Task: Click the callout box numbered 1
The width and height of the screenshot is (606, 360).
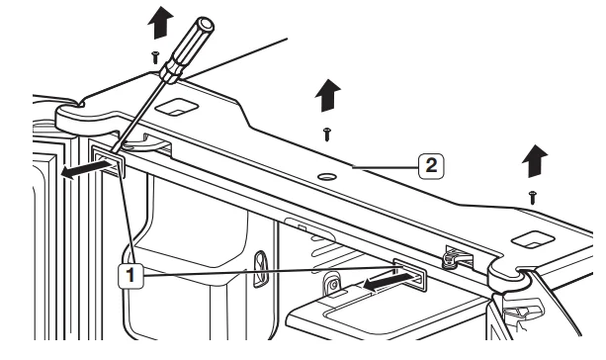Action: point(130,276)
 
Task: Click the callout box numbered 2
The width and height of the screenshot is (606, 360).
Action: point(431,166)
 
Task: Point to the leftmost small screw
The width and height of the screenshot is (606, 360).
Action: point(155,57)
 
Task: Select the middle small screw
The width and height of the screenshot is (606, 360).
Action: point(327,135)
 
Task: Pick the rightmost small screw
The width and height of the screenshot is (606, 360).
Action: point(533,197)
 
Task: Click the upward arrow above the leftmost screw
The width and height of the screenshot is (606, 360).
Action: point(160,23)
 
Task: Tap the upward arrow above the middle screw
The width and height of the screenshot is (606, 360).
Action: point(328,96)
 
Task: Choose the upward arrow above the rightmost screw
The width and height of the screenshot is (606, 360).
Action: point(535,161)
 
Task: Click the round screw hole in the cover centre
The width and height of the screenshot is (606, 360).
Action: point(327,177)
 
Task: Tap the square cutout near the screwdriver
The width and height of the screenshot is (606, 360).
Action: point(177,107)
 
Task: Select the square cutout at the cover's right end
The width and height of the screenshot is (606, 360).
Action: point(533,239)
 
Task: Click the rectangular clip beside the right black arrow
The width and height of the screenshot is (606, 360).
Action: point(410,275)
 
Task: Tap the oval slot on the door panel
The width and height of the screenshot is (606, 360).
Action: point(260,269)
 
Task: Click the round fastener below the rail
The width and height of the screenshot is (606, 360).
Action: point(332,284)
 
